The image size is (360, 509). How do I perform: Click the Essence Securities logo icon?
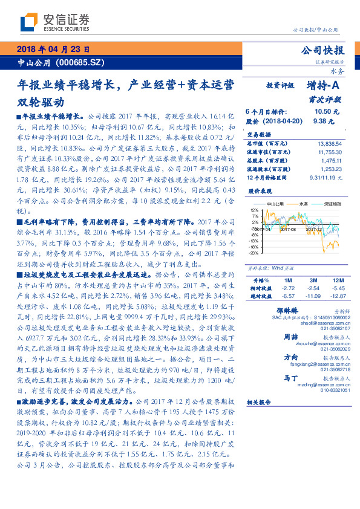[27, 22]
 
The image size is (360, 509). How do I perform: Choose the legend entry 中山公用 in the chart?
[277, 204]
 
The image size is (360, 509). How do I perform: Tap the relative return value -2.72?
[287, 288]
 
